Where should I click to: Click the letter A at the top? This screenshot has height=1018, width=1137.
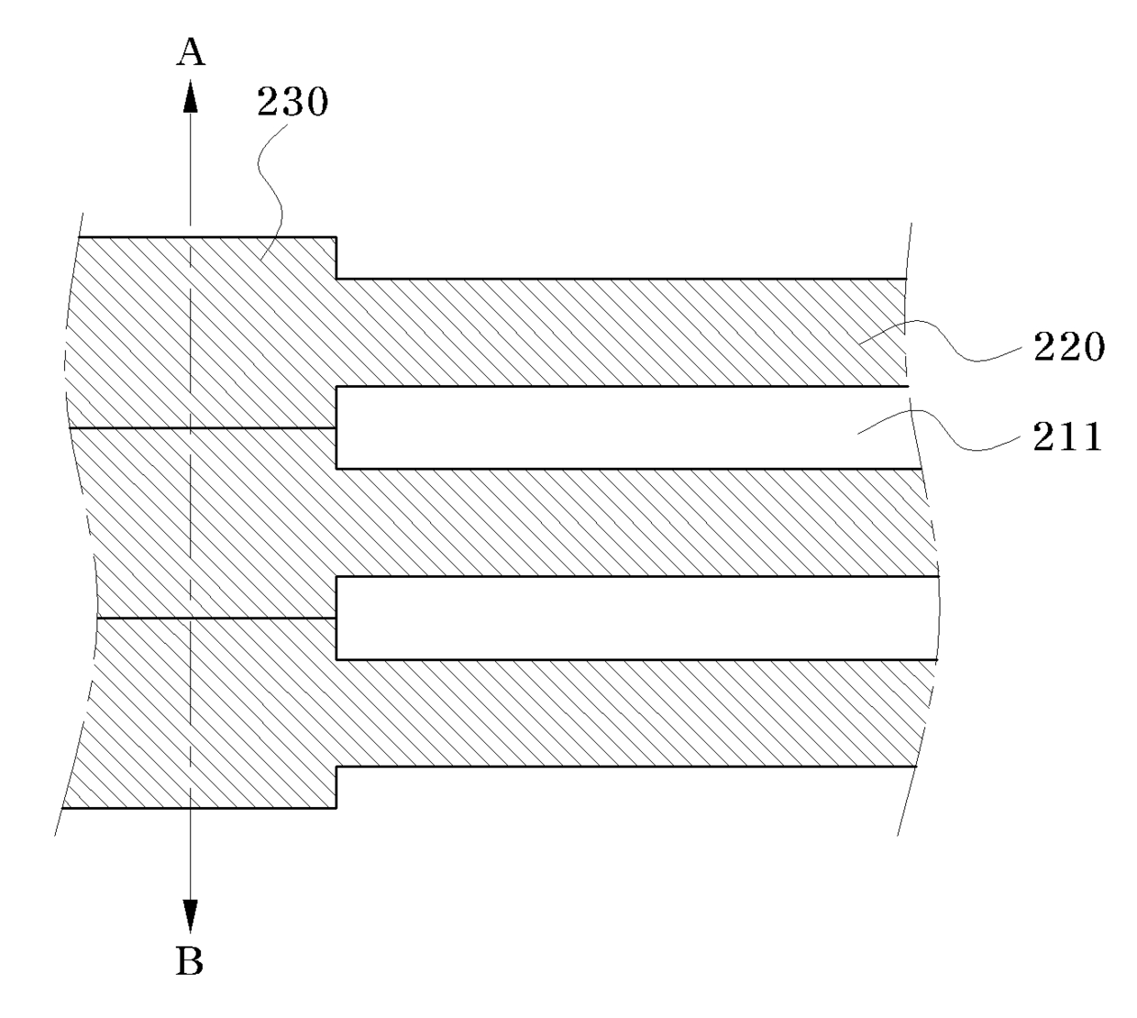[x=190, y=53]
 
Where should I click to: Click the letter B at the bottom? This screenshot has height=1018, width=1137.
[x=189, y=962]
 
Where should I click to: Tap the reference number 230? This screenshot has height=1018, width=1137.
[x=292, y=104]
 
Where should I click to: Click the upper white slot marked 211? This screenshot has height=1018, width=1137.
[x=624, y=427]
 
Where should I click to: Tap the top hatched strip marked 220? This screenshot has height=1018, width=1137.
[x=624, y=332]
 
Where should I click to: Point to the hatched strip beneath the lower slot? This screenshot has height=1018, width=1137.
[x=624, y=713]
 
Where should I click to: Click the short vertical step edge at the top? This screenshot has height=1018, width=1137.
[x=337, y=258]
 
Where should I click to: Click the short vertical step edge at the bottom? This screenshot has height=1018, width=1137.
[x=337, y=787]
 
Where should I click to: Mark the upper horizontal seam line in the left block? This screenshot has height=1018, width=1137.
[x=202, y=428]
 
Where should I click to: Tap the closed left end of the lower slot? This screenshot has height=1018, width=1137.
[x=337, y=617]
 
